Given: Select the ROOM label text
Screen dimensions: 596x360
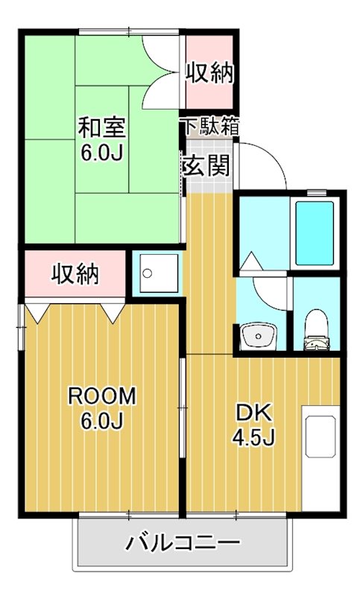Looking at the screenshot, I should click(102, 396).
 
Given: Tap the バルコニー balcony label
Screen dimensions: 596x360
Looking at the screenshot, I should click(183, 542).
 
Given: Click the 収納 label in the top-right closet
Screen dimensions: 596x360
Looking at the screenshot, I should click(210, 74).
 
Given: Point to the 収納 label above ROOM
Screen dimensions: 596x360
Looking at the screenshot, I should click(75, 274).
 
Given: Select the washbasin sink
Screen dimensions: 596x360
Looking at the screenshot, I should click(259, 336).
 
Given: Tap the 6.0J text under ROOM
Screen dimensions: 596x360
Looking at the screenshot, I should click(102, 422).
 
